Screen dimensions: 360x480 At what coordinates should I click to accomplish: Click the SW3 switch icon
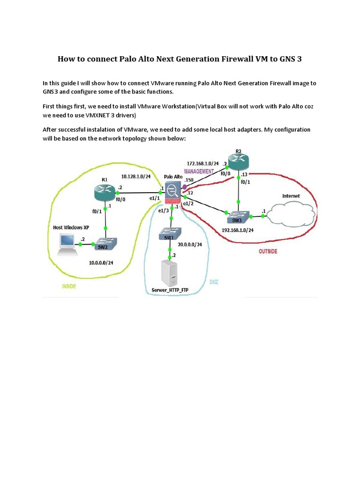click(x=239, y=217)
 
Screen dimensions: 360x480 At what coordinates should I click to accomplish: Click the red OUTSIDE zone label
click(x=268, y=252)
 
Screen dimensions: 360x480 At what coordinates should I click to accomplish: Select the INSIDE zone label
click(x=68, y=286)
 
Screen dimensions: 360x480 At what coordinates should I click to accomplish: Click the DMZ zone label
click(x=214, y=282)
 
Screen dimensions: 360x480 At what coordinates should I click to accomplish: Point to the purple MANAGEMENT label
click(x=198, y=171)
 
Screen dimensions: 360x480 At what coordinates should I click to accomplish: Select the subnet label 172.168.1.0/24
click(x=203, y=164)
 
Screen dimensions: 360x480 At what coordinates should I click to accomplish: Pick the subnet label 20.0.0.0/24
click(x=189, y=244)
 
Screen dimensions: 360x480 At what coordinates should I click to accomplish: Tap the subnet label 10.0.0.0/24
click(x=101, y=262)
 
